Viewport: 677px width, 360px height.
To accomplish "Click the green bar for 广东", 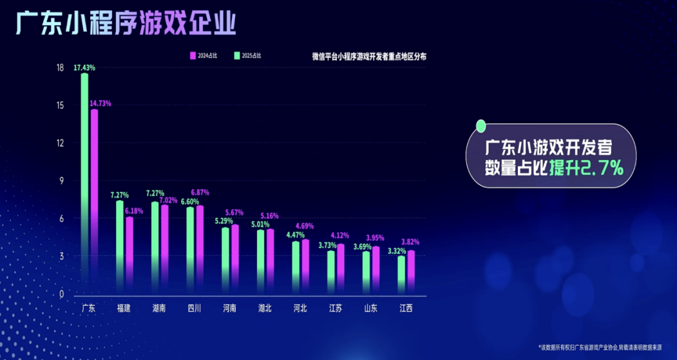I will pos(85,182).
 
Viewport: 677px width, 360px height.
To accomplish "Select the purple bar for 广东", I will pos(94,201).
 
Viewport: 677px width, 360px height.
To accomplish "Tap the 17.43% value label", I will pos(85,67).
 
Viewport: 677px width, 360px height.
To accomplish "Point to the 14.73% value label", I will pos(100,103).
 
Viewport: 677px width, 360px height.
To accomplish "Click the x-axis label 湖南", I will pos(159,309).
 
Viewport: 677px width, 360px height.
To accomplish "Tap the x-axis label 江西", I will pos(406,309).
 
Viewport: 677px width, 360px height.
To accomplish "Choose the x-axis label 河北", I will pos(300,309).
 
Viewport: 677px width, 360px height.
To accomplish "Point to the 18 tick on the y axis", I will pos(60,68).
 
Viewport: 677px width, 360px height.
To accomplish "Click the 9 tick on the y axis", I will pos(61,181).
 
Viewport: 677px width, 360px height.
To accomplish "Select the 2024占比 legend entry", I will pos(204,56).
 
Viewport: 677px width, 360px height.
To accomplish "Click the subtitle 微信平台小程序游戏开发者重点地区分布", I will pos(369,56).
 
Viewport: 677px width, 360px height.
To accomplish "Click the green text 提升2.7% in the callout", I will pos(586,167).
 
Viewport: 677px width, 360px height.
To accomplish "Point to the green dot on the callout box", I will pos(481,127).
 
